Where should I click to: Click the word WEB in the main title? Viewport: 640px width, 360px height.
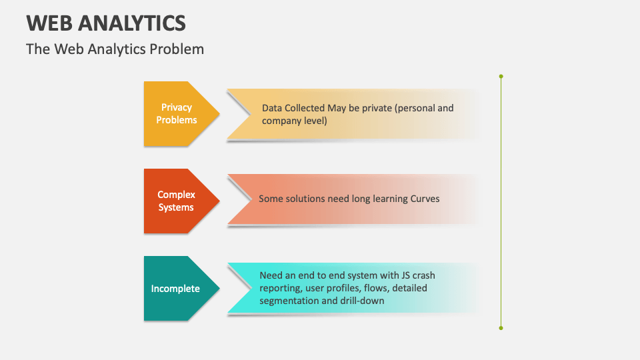coord(49,23)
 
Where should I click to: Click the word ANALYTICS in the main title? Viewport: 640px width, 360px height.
coord(132,23)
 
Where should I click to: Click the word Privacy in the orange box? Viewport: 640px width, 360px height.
coord(177,107)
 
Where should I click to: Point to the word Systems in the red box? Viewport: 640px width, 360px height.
coord(177,207)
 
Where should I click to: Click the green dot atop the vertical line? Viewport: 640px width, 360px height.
coord(501,77)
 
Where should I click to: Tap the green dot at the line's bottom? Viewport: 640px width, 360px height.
coord(501,328)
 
